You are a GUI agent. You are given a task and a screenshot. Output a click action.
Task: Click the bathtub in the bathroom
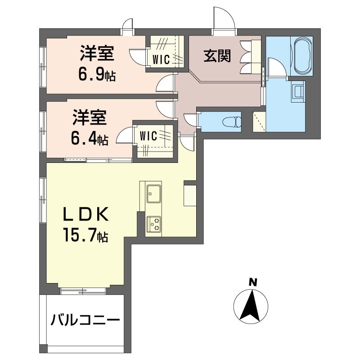[303, 57]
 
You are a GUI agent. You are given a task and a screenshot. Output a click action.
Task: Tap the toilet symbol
[232, 121]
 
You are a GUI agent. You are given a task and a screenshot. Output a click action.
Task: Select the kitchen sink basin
[154, 193]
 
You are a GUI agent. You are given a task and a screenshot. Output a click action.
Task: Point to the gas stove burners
[154, 224]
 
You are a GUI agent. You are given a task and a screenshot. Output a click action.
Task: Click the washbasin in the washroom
[298, 91]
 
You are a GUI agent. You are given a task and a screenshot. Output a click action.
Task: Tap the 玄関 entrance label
[217, 56]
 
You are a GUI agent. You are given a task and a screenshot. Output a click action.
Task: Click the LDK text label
[85, 214]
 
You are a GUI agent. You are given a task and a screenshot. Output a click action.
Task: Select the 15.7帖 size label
[85, 234]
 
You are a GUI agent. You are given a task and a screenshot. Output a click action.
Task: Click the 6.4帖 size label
[90, 139]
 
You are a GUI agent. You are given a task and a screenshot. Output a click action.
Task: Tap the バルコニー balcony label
[85, 320]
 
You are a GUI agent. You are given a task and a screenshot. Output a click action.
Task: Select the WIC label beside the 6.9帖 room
[161, 60]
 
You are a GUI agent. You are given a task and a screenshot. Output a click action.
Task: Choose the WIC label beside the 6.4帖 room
[148, 136]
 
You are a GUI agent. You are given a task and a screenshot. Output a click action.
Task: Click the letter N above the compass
[253, 282]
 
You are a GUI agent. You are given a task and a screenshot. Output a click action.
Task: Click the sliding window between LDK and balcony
[83, 291]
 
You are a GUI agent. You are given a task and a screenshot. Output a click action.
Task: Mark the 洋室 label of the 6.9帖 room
[97, 54]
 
